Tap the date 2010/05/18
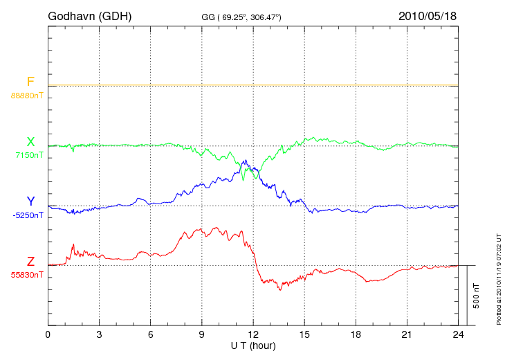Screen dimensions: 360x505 click(x=428, y=15)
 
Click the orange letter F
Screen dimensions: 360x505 click(x=30, y=82)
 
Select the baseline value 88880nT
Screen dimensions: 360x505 click(x=26, y=95)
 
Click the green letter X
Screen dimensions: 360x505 click(x=30, y=142)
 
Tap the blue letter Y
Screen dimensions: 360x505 click(x=30, y=201)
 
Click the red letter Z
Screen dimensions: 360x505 click(x=30, y=262)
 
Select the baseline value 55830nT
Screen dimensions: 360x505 click(x=27, y=275)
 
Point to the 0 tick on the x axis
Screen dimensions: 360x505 click(x=48, y=334)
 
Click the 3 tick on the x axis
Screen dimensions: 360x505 click(x=100, y=334)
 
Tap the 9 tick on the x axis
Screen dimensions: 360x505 click(x=202, y=334)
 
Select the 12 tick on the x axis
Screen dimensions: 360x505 click(x=253, y=334)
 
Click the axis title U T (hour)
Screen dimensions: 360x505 click(x=253, y=345)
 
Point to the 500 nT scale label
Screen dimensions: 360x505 click(x=477, y=296)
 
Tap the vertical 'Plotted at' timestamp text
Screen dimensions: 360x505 click(x=498, y=278)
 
